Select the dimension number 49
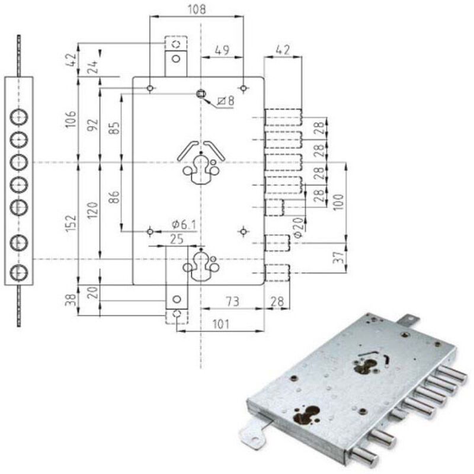pos(223,50)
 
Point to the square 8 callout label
pos(226,101)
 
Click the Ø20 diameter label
pos(298,226)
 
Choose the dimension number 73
pos(232,302)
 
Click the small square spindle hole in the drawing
pos(201,94)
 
